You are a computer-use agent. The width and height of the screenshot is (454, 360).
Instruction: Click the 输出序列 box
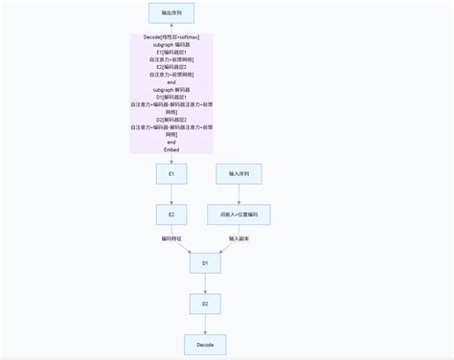tap(171, 13)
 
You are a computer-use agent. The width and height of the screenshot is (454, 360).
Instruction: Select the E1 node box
tap(171, 174)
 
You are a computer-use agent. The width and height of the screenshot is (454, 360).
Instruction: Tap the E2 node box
tap(171, 214)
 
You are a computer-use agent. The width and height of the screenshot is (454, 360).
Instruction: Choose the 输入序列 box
tap(238, 174)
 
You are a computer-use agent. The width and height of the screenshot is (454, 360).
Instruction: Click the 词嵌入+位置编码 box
tap(238, 214)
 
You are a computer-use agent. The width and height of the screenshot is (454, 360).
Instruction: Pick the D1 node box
tap(205, 262)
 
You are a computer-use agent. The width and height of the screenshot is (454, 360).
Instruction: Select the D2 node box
tap(205, 304)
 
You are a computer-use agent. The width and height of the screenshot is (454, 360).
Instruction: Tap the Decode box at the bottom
tap(205, 344)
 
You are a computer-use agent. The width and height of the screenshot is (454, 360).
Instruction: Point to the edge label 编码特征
tap(172, 238)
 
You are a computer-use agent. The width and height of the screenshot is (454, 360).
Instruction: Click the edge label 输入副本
tap(238, 238)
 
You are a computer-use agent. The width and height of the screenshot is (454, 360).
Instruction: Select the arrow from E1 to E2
tap(171, 194)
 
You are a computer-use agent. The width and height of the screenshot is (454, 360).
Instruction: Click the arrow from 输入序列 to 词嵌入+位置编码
tap(238, 194)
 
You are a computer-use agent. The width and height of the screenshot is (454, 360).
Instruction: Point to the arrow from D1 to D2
tap(205, 283)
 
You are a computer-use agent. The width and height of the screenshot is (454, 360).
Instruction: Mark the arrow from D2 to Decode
tap(205, 325)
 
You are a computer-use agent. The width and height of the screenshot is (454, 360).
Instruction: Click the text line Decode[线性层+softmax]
tap(171, 37)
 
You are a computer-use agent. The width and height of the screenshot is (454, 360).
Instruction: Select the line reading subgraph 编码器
tap(171, 44)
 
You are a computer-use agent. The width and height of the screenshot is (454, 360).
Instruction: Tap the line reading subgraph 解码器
tap(171, 89)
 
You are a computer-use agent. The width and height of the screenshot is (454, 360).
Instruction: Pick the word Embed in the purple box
tap(171, 149)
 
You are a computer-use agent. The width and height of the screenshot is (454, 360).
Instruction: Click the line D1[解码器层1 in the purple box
tap(171, 97)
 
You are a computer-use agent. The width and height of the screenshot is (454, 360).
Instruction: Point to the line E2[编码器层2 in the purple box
tap(171, 66)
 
